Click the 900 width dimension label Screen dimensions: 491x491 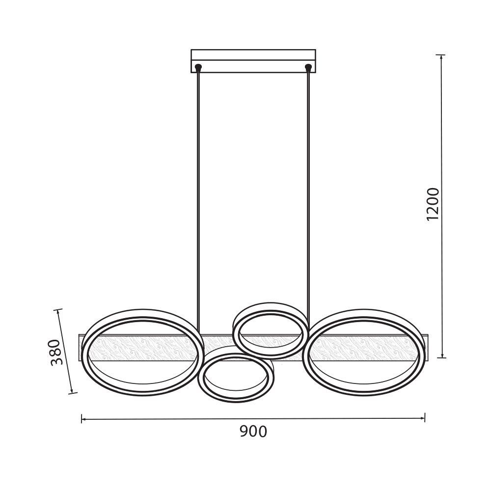(253, 432)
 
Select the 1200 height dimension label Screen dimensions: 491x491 (434, 204)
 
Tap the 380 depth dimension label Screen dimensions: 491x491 (57, 352)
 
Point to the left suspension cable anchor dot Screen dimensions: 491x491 (198, 67)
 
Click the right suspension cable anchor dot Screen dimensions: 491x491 (308, 67)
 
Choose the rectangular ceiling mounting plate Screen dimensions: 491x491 (253, 61)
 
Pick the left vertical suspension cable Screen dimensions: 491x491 (198, 200)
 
